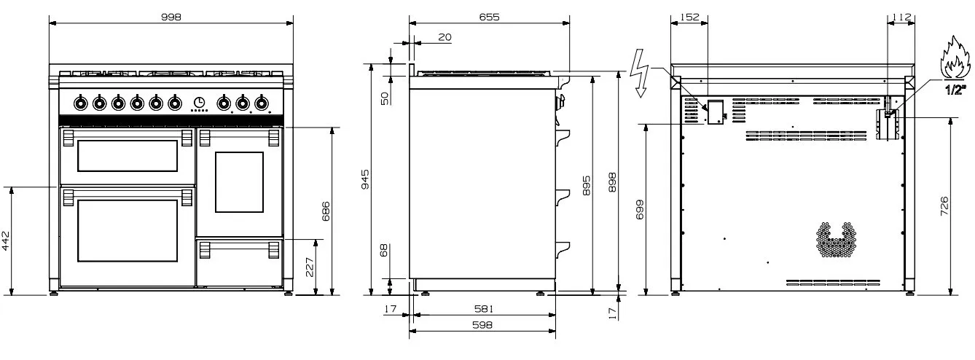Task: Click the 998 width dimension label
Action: pos(171,17)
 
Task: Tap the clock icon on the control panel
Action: pos(199,102)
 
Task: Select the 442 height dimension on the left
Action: pos(5,240)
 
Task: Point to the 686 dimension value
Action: pos(326,211)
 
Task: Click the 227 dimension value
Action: pos(310,267)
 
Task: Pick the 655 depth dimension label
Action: pos(489,17)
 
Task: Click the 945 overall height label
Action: pos(365,179)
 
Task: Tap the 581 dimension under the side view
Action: pos(484,309)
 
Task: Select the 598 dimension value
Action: pos(482,325)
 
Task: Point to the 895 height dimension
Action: pos(587,185)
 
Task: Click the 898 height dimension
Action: pos(612,182)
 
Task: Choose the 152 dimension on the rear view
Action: pos(689,17)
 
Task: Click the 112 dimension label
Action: pos(901,17)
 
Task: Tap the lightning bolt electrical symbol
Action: pos(639,73)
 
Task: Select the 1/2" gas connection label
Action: pos(955,90)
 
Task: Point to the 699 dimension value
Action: pos(640,209)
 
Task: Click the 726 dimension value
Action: pos(944,206)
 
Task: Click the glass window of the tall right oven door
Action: pos(240,182)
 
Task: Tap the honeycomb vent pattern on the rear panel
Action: pos(836,240)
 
